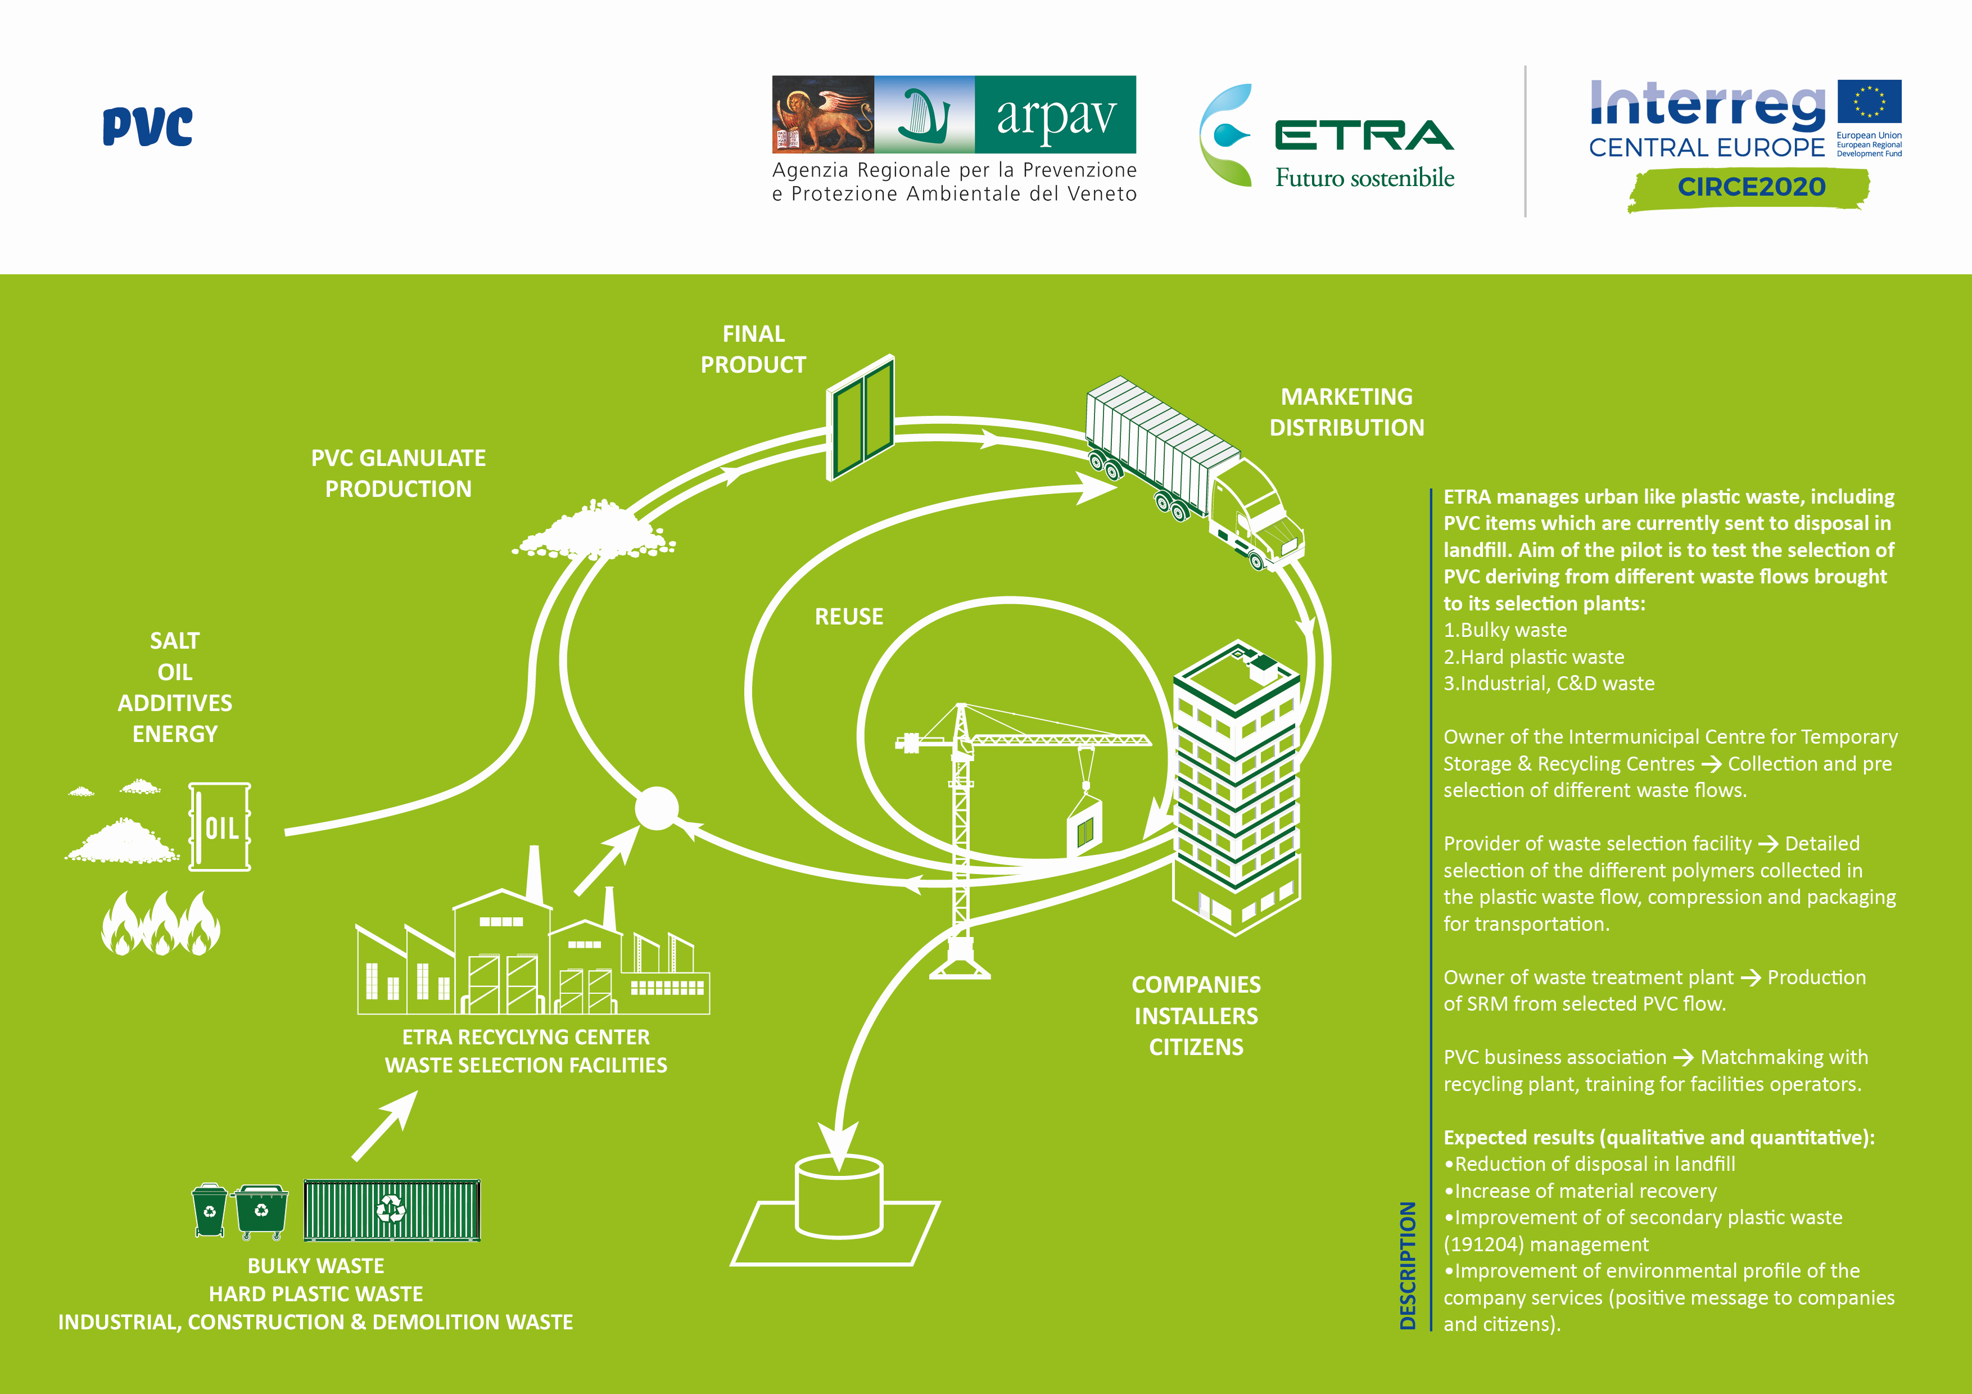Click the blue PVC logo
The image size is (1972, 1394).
[x=148, y=126]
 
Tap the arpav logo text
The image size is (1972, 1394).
[x=1056, y=115]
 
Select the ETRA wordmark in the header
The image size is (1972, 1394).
[x=1364, y=135]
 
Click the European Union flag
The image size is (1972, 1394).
[x=1869, y=102]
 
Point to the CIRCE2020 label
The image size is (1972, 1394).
[x=1751, y=187]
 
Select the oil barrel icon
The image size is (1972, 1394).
[x=220, y=826]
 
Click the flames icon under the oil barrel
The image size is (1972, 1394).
[x=161, y=924]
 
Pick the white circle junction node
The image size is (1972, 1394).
[x=656, y=808]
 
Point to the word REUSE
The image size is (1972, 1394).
[x=849, y=617]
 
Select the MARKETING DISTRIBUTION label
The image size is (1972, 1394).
[x=1346, y=412]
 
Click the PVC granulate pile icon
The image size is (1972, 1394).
[x=594, y=532]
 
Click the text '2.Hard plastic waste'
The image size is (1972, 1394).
[x=1534, y=657]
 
